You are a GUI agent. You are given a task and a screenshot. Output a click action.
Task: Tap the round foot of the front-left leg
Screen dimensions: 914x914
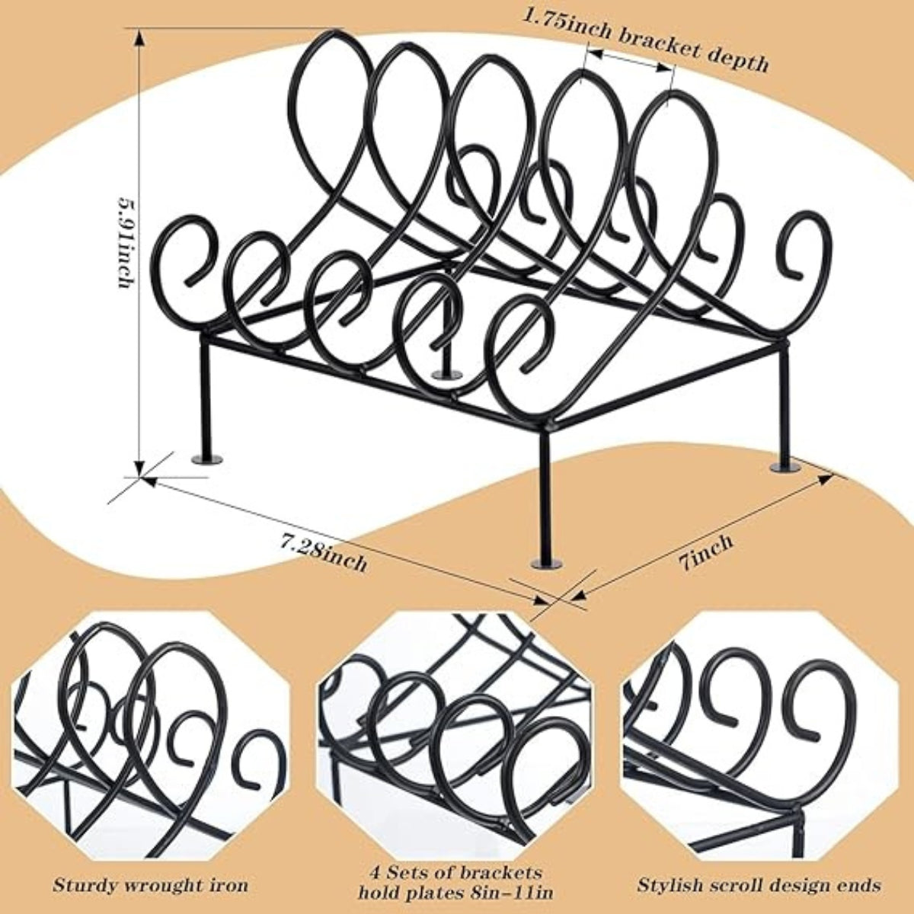(x=207, y=459)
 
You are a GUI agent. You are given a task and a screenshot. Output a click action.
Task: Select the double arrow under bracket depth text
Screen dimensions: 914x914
(x=629, y=61)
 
